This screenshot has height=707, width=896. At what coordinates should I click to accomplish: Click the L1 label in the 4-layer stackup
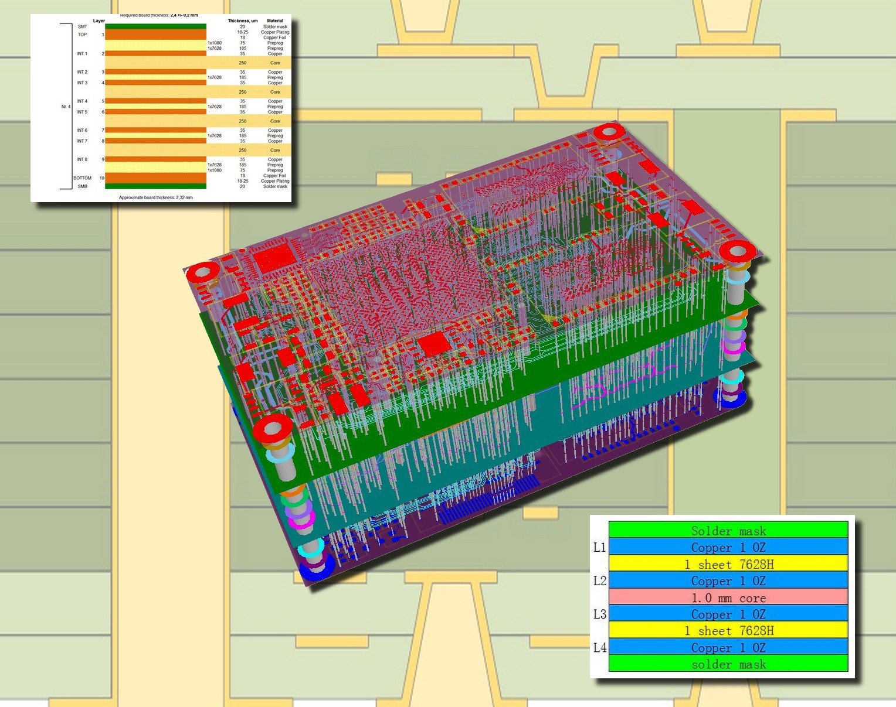pos(599,547)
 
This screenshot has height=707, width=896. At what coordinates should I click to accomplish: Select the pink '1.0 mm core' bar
pos(728,597)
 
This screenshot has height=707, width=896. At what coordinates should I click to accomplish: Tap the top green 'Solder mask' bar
pos(728,531)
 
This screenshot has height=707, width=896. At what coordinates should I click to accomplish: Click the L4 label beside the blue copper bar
pos(599,647)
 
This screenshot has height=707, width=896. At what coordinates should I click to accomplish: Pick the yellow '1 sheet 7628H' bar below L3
pos(728,630)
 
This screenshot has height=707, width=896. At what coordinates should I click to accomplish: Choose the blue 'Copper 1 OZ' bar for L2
pos(728,580)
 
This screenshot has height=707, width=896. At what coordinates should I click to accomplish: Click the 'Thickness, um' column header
pos(242,21)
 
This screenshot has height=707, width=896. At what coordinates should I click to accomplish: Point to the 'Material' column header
pos(274,21)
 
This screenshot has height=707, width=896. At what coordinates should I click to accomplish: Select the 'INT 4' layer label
pos(82,101)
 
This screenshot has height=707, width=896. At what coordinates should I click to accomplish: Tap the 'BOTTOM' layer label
pos(82,178)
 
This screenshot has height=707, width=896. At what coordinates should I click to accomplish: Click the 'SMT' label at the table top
pos(82,27)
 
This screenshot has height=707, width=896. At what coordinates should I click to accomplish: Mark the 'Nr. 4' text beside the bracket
pos(66,107)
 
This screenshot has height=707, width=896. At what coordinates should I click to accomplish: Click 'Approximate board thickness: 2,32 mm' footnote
pos(155,197)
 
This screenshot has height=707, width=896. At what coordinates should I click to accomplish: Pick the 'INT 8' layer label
pos(82,159)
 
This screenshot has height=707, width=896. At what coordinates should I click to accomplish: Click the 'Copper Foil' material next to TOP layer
pos(274,37)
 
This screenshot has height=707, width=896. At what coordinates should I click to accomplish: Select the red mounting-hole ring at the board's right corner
pos(738,251)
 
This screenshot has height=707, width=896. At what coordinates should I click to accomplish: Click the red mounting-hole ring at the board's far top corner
pos(608,131)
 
